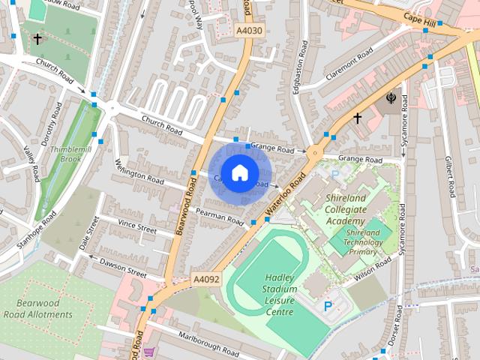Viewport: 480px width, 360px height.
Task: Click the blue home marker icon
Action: click(239, 173)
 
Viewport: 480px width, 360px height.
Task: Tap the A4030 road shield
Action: click(249, 31)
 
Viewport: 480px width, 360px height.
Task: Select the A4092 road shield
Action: click(205, 278)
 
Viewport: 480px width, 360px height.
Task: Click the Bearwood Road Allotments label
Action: click(44, 308)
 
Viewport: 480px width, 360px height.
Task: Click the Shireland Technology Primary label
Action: click(363, 242)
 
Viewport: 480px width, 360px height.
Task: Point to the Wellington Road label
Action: click(139, 172)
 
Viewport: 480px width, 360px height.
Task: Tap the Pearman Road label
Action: click(220, 217)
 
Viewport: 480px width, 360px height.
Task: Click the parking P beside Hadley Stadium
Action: click(328, 306)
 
